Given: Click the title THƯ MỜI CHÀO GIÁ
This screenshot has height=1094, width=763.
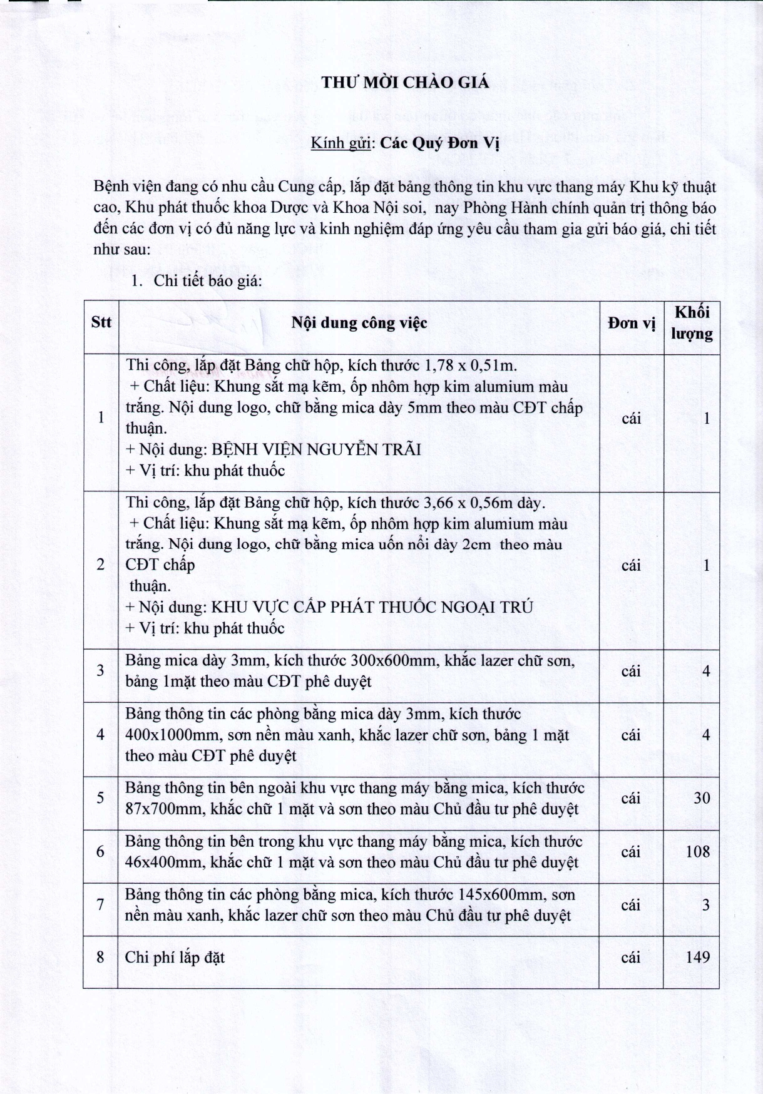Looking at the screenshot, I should [x=405, y=83].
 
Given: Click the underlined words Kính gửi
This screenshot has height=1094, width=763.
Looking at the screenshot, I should [x=342, y=143].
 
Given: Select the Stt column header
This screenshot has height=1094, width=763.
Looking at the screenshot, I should [x=101, y=322].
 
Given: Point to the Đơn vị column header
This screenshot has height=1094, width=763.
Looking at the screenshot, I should [x=631, y=323].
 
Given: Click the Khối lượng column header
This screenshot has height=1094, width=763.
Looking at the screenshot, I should [x=692, y=322].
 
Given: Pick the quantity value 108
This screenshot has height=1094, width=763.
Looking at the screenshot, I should [x=697, y=851].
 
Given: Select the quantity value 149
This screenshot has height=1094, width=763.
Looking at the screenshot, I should [x=697, y=956].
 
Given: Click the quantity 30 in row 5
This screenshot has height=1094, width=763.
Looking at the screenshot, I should [x=702, y=798].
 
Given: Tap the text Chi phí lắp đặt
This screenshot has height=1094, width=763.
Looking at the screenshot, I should [x=175, y=957].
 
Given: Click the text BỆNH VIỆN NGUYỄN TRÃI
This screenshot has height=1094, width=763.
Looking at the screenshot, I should [x=316, y=449].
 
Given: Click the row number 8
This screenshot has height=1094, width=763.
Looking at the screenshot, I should [x=100, y=957].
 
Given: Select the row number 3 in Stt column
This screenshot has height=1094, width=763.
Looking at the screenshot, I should [x=100, y=670].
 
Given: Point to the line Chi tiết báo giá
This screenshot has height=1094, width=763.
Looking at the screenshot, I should [x=207, y=280].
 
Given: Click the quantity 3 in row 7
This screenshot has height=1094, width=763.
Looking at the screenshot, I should [x=706, y=904].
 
